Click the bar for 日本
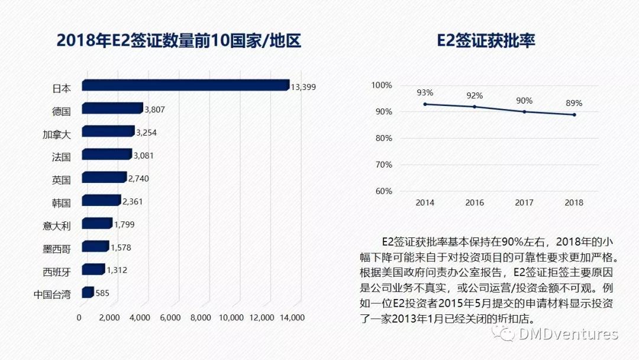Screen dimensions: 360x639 (x=185, y=86)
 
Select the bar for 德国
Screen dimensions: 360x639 (x=112, y=108)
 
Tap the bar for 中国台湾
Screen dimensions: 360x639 (x=88, y=292)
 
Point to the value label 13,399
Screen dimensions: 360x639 (x=304, y=87)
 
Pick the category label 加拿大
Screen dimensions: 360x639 (x=57, y=134)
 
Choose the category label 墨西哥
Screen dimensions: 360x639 (x=57, y=248)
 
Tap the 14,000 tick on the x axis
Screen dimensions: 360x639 (x=291, y=317)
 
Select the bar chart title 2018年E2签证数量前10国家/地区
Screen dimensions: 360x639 (x=179, y=41)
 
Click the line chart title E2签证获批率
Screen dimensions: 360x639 (x=486, y=41)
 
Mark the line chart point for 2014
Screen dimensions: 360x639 (x=425, y=104)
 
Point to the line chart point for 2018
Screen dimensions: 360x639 (x=574, y=115)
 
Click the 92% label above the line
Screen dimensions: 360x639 (x=475, y=95)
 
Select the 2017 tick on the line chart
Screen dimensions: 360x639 (x=524, y=202)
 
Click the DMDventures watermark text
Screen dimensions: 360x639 (x=568, y=334)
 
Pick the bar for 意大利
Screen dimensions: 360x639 (x=96, y=224)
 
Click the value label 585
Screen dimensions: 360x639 (x=102, y=293)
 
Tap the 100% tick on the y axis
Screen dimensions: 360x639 (x=382, y=85)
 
